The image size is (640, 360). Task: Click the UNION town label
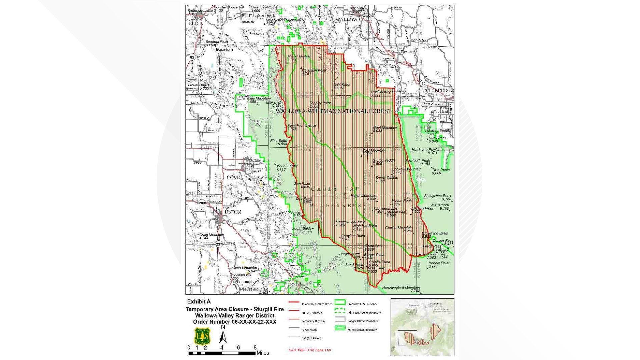pyautogui.click(x=233, y=212)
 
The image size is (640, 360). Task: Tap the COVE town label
pyautogui.click(x=233, y=177)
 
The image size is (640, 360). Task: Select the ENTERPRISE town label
pyautogui.click(x=437, y=90)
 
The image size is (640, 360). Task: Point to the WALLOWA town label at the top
pyautogui.click(x=348, y=20)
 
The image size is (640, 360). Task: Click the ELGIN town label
pyautogui.click(x=196, y=24)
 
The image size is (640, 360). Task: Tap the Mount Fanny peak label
pyautogui.click(x=286, y=166)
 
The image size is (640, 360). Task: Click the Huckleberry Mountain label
pyautogui.click(x=388, y=92)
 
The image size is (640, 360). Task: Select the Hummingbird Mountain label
pyautogui.click(x=401, y=287)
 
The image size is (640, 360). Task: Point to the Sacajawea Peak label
pyautogui.click(x=437, y=196)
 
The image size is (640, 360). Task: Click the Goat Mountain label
pyautogui.click(x=385, y=128)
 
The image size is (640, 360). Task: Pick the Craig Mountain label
pyautogui.click(x=211, y=235)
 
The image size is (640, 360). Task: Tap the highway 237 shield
pyautogui.click(x=219, y=244)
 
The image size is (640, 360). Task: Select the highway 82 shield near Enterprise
pyautogui.click(x=423, y=84)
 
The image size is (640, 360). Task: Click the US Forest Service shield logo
pyautogui.click(x=202, y=336)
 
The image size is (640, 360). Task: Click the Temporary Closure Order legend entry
pyautogui.click(x=316, y=304)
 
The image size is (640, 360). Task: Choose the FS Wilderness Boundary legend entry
pyautogui.click(x=362, y=330)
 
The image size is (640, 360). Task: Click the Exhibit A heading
pyautogui.click(x=199, y=302)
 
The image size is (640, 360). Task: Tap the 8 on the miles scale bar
pyautogui.click(x=255, y=348)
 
